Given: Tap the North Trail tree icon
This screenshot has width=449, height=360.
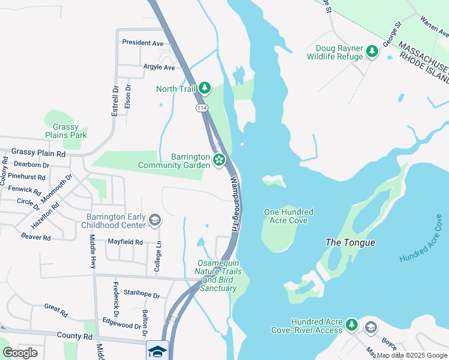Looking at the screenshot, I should click(x=205, y=89).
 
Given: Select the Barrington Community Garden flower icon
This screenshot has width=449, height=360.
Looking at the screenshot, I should click(x=219, y=160).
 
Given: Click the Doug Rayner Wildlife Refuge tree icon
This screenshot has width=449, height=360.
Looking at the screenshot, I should click(x=372, y=52).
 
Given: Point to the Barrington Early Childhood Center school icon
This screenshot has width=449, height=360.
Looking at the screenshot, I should click(x=155, y=220).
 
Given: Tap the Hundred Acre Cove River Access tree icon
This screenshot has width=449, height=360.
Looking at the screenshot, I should click(x=352, y=325).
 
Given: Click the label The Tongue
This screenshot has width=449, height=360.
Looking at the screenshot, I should click(x=350, y=242).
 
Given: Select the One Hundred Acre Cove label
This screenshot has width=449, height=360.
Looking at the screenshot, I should click(x=289, y=216).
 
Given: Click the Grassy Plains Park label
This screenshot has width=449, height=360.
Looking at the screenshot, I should click(x=70, y=131).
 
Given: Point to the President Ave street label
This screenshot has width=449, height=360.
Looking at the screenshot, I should click(x=142, y=43).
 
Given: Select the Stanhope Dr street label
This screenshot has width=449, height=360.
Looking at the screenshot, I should click(x=142, y=295).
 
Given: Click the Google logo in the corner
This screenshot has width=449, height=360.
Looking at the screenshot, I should click(x=20, y=353).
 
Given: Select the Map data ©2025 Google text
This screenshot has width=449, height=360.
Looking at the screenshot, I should click(x=412, y=355).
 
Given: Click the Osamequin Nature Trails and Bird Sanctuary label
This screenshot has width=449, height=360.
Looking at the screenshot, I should click(x=219, y=276).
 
